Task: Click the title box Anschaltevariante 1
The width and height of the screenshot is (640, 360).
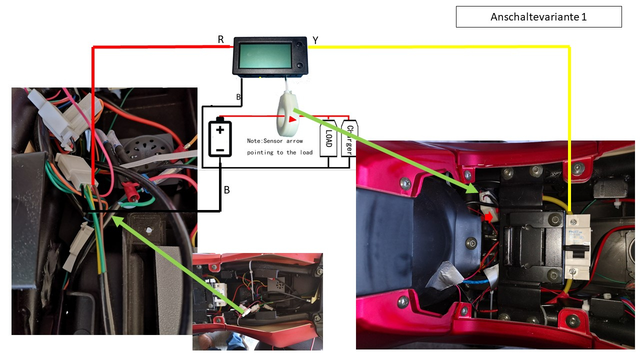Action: [x=538, y=17]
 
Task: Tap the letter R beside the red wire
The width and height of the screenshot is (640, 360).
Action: [x=221, y=39]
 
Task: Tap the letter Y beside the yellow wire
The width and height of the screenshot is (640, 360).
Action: [x=315, y=40]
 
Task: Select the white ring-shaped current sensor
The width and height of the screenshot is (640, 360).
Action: [x=287, y=109]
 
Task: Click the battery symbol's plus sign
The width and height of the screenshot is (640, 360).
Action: [x=220, y=130]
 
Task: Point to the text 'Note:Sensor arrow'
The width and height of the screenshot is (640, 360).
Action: [x=275, y=141]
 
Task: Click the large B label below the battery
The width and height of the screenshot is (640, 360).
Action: [x=226, y=190]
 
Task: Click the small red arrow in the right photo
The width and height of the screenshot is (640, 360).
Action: [x=487, y=217]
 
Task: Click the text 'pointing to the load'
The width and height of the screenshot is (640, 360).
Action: [x=279, y=152]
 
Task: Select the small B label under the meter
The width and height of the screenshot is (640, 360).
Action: [x=238, y=96]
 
